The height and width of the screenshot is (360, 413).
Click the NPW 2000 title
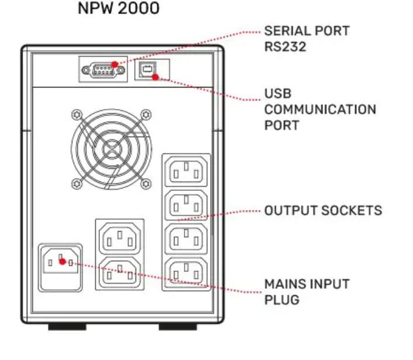[x=119, y=8]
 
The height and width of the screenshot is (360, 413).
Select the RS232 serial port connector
[x=103, y=70]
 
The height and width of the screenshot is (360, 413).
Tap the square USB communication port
[x=148, y=69]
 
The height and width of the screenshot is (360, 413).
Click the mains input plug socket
[x=60, y=267]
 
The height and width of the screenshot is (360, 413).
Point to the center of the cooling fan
[x=112, y=149]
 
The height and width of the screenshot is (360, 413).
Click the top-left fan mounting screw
[x=77, y=115]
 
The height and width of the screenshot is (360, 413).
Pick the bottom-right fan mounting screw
[x=146, y=184]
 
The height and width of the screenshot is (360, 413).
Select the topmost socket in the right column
[x=186, y=171]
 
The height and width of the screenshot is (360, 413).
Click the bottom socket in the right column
[x=186, y=272]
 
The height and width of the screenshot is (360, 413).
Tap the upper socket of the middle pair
[x=120, y=239]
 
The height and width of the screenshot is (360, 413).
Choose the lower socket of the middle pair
[x=120, y=272]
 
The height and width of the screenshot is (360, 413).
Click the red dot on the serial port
[x=115, y=65]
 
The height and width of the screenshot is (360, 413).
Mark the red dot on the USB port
[x=155, y=77]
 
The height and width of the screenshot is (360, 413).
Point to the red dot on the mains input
[x=63, y=261]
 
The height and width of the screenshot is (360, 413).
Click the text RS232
[x=285, y=47]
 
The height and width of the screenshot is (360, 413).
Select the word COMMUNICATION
[x=320, y=110]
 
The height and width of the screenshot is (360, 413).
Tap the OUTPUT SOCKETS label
[x=323, y=211]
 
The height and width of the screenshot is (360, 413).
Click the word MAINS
[x=284, y=284]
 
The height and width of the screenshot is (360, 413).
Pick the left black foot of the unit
[x=67, y=327]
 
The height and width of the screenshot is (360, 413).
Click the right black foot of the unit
[x=178, y=327]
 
